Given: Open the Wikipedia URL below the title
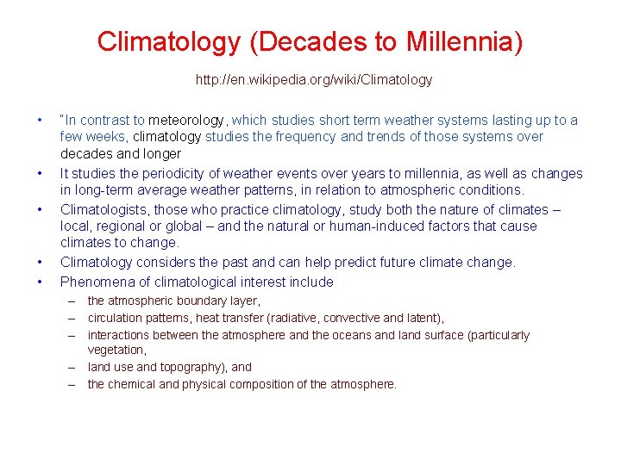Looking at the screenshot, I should coord(314,80).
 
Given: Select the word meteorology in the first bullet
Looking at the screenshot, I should coord(186,121).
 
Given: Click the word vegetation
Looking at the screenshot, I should coord(116,350).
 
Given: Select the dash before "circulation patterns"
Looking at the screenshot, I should coord(74,318).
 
